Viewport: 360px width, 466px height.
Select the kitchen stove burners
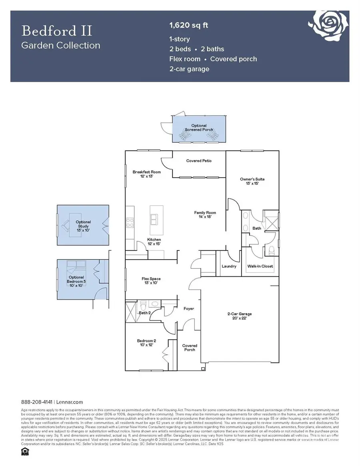tap(130, 222)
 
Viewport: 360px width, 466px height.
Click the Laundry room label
tap(229, 266)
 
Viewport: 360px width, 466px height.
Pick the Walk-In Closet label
tap(260, 266)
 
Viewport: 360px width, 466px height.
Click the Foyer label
tap(189, 308)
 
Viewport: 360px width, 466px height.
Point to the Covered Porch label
tap(190, 347)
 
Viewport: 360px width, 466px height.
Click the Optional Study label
tap(84, 224)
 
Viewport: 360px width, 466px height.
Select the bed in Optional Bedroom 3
tap(76, 264)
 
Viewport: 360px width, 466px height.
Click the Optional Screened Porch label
tap(199, 128)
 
